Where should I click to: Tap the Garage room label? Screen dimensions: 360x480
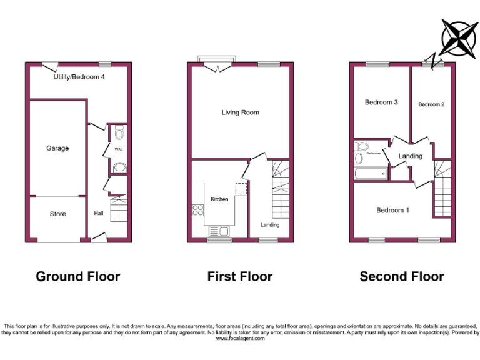[x=57, y=148]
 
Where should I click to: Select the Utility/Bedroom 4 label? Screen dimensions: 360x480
[x=79, y=77]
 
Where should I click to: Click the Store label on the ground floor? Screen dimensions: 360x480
[x=57, y=214]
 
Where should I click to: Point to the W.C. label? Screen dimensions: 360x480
[x=119, y=149]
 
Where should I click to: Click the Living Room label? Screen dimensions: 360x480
[x=240, y=112]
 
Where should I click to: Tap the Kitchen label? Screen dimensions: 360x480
[x=219, y=199]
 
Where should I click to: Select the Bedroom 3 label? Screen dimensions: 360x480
[x=381, y=102]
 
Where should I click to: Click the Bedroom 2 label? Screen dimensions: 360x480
[x=431, y=104]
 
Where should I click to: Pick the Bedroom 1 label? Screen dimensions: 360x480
[x=392, y=211]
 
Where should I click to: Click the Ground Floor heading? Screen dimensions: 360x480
[x=78, y=276]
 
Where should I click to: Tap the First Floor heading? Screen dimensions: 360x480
[x=240, y=276]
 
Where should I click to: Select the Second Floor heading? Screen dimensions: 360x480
[x=402, y=276]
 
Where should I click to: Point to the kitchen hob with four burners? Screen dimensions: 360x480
[x=199, y=210]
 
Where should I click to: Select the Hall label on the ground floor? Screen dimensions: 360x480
[x=99, y=214]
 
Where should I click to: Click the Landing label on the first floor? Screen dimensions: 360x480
[x=270, y=225]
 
